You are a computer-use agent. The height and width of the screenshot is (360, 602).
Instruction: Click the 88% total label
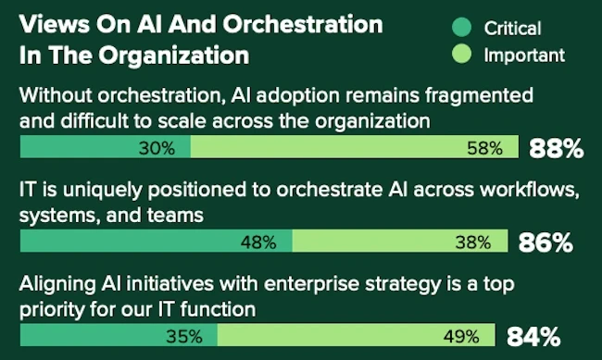coord(556,147)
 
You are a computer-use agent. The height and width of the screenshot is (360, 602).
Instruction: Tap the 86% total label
coord(546,242)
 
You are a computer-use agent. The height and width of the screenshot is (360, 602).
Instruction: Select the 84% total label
coord(532,335)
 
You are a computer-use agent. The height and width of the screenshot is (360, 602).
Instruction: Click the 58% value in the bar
coord(485,147)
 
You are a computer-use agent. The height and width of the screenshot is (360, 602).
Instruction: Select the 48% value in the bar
coord(258,242)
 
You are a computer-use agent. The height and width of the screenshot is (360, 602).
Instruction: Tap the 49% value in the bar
coord(460,335)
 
